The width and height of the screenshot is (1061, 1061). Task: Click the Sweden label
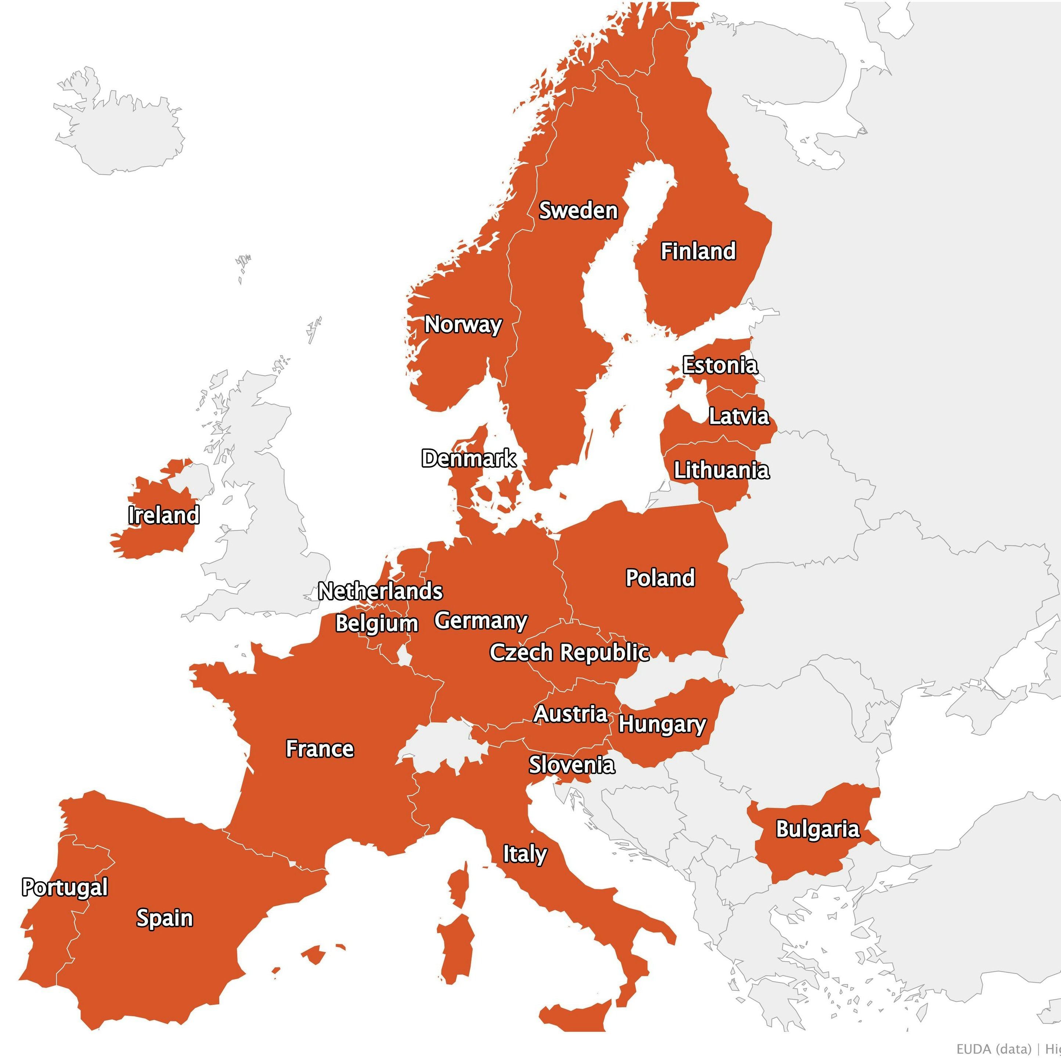point(578,210)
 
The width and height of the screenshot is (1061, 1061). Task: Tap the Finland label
point(697,251)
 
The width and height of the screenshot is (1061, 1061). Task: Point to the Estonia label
point(719,365)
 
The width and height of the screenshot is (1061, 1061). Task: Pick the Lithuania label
point(721,470)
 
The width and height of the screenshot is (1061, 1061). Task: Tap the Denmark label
point(469,458)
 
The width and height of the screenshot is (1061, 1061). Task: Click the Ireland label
point(164,515)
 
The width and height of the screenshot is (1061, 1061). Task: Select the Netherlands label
point(380,591)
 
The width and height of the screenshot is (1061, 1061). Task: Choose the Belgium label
point(377,623)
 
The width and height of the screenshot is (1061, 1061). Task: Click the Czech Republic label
point(570,652)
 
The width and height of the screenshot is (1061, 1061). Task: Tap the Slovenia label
point(572,765)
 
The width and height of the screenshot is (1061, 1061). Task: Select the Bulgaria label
point(817,829)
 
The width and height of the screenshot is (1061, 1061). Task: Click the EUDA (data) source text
point(993,1049)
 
